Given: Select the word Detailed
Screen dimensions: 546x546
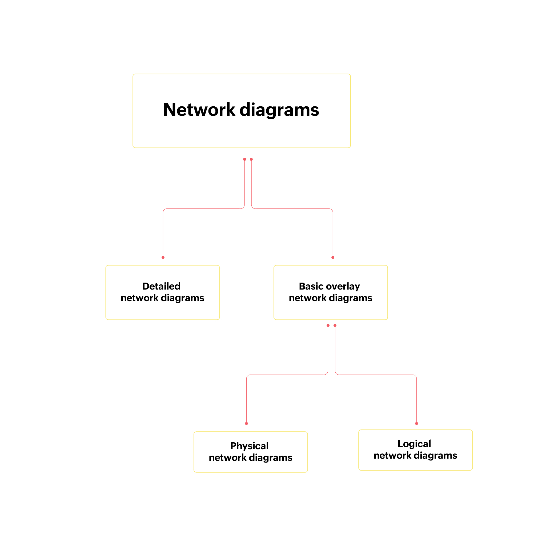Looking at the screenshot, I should pos(161,286).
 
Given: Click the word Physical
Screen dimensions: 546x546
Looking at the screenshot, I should pos(249,446).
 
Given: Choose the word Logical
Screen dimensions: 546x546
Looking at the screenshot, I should pos(414,444).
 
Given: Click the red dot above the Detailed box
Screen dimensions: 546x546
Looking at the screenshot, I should pos(163,258).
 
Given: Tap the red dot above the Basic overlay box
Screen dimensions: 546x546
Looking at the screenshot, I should pos(333,258).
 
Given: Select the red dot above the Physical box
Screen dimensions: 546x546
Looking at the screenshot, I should pos(246,424).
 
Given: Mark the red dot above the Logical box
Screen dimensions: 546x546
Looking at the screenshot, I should pos(417,424).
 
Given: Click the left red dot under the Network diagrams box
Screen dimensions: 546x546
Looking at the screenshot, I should pos(245,159).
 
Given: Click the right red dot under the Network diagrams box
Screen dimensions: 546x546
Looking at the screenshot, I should pos(251,159).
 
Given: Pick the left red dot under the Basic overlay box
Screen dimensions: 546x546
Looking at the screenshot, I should pos(328,326).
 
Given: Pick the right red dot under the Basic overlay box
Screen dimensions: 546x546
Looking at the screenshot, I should pos(335,326).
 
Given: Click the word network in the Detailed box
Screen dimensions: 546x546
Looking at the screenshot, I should pos(140,298).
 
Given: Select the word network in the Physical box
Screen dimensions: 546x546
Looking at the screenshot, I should pos(227,457).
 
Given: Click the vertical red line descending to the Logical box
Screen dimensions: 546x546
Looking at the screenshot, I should pos(417,401).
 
